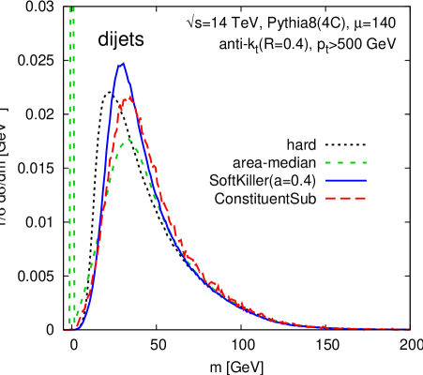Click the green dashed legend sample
click(x=346, y=163)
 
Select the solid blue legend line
click(x=346, y=180)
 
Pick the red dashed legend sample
click(x=346, y=198)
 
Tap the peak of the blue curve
click(x=122, y=64)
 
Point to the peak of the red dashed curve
click(x=127, y=97)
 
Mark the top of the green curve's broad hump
click(x=128, y=140)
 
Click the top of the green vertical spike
click(x=72, y=8)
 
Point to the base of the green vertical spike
click(x=72, y=328)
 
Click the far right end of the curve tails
click(x=409, y=329)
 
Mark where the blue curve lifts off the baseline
click(x=79, y=328)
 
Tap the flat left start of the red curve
click(x=67, y=329)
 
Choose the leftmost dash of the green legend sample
click(x=329, y=163)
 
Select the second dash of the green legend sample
click(x=340, y=163)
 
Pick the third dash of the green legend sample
click(x=352, y=163)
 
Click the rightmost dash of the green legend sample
click(x=363, y=163)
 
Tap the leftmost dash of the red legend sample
click(x=331, y=198)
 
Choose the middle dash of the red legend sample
click(x=346, y=198)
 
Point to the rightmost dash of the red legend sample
click(x=360, y=198)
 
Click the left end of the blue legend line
click(x=326, y=180)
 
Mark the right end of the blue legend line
click(x=366, y=180)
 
